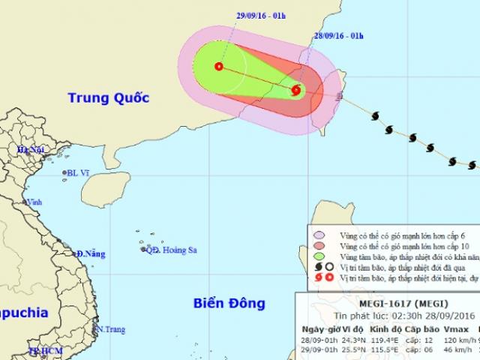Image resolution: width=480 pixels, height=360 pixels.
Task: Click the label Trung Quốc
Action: pos(109,97)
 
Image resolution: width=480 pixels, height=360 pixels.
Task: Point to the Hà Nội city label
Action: pos(32,151)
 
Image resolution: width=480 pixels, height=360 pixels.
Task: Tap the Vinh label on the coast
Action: pos(34,202)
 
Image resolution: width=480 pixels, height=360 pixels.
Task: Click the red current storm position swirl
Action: pos(295,91)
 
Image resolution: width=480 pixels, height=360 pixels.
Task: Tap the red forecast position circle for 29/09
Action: pos(218,66)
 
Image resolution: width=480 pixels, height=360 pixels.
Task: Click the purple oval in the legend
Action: pos(319,235)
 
